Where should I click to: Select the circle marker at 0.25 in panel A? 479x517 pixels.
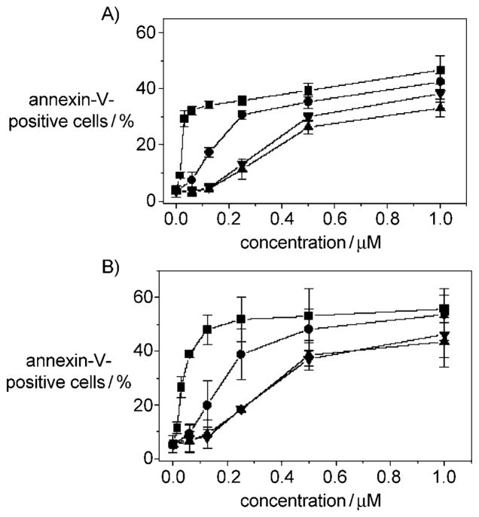coord(242,115)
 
